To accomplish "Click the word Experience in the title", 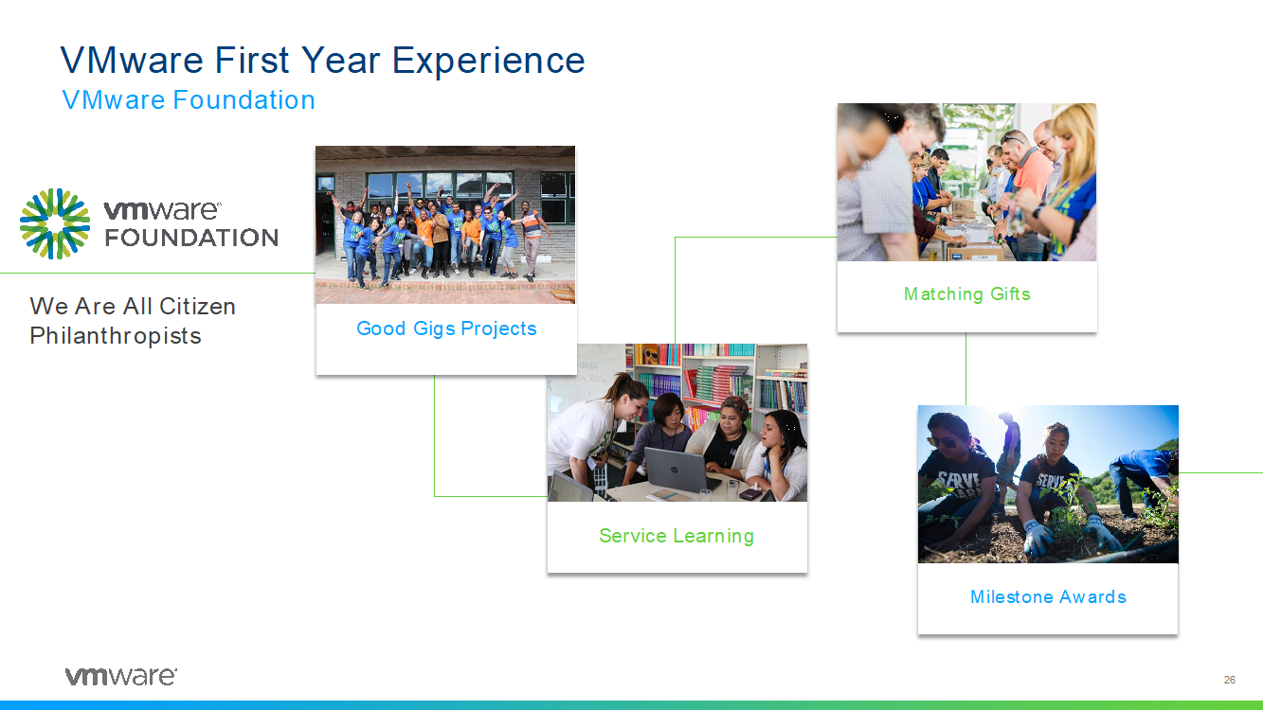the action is [488, 61].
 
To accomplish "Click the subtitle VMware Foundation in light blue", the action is [189, 99].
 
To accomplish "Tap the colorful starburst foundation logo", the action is [55, 223].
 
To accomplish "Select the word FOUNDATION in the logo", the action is [191, 238].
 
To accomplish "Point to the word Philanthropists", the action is [116, 336].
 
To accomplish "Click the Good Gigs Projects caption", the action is [446, 328].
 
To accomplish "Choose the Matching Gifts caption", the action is [967, 293].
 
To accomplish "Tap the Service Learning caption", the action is [677, 535].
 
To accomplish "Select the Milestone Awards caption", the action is [1048, 596].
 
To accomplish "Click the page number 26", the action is [1230, 680].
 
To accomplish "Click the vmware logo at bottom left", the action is [121, 676].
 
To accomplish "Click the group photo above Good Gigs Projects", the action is [445, 225].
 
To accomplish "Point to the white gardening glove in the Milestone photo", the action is [1037, 536].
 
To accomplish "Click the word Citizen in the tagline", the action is [197, 306].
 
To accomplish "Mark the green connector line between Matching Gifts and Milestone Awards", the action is [965, 368].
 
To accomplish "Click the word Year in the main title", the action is [339, 61].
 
